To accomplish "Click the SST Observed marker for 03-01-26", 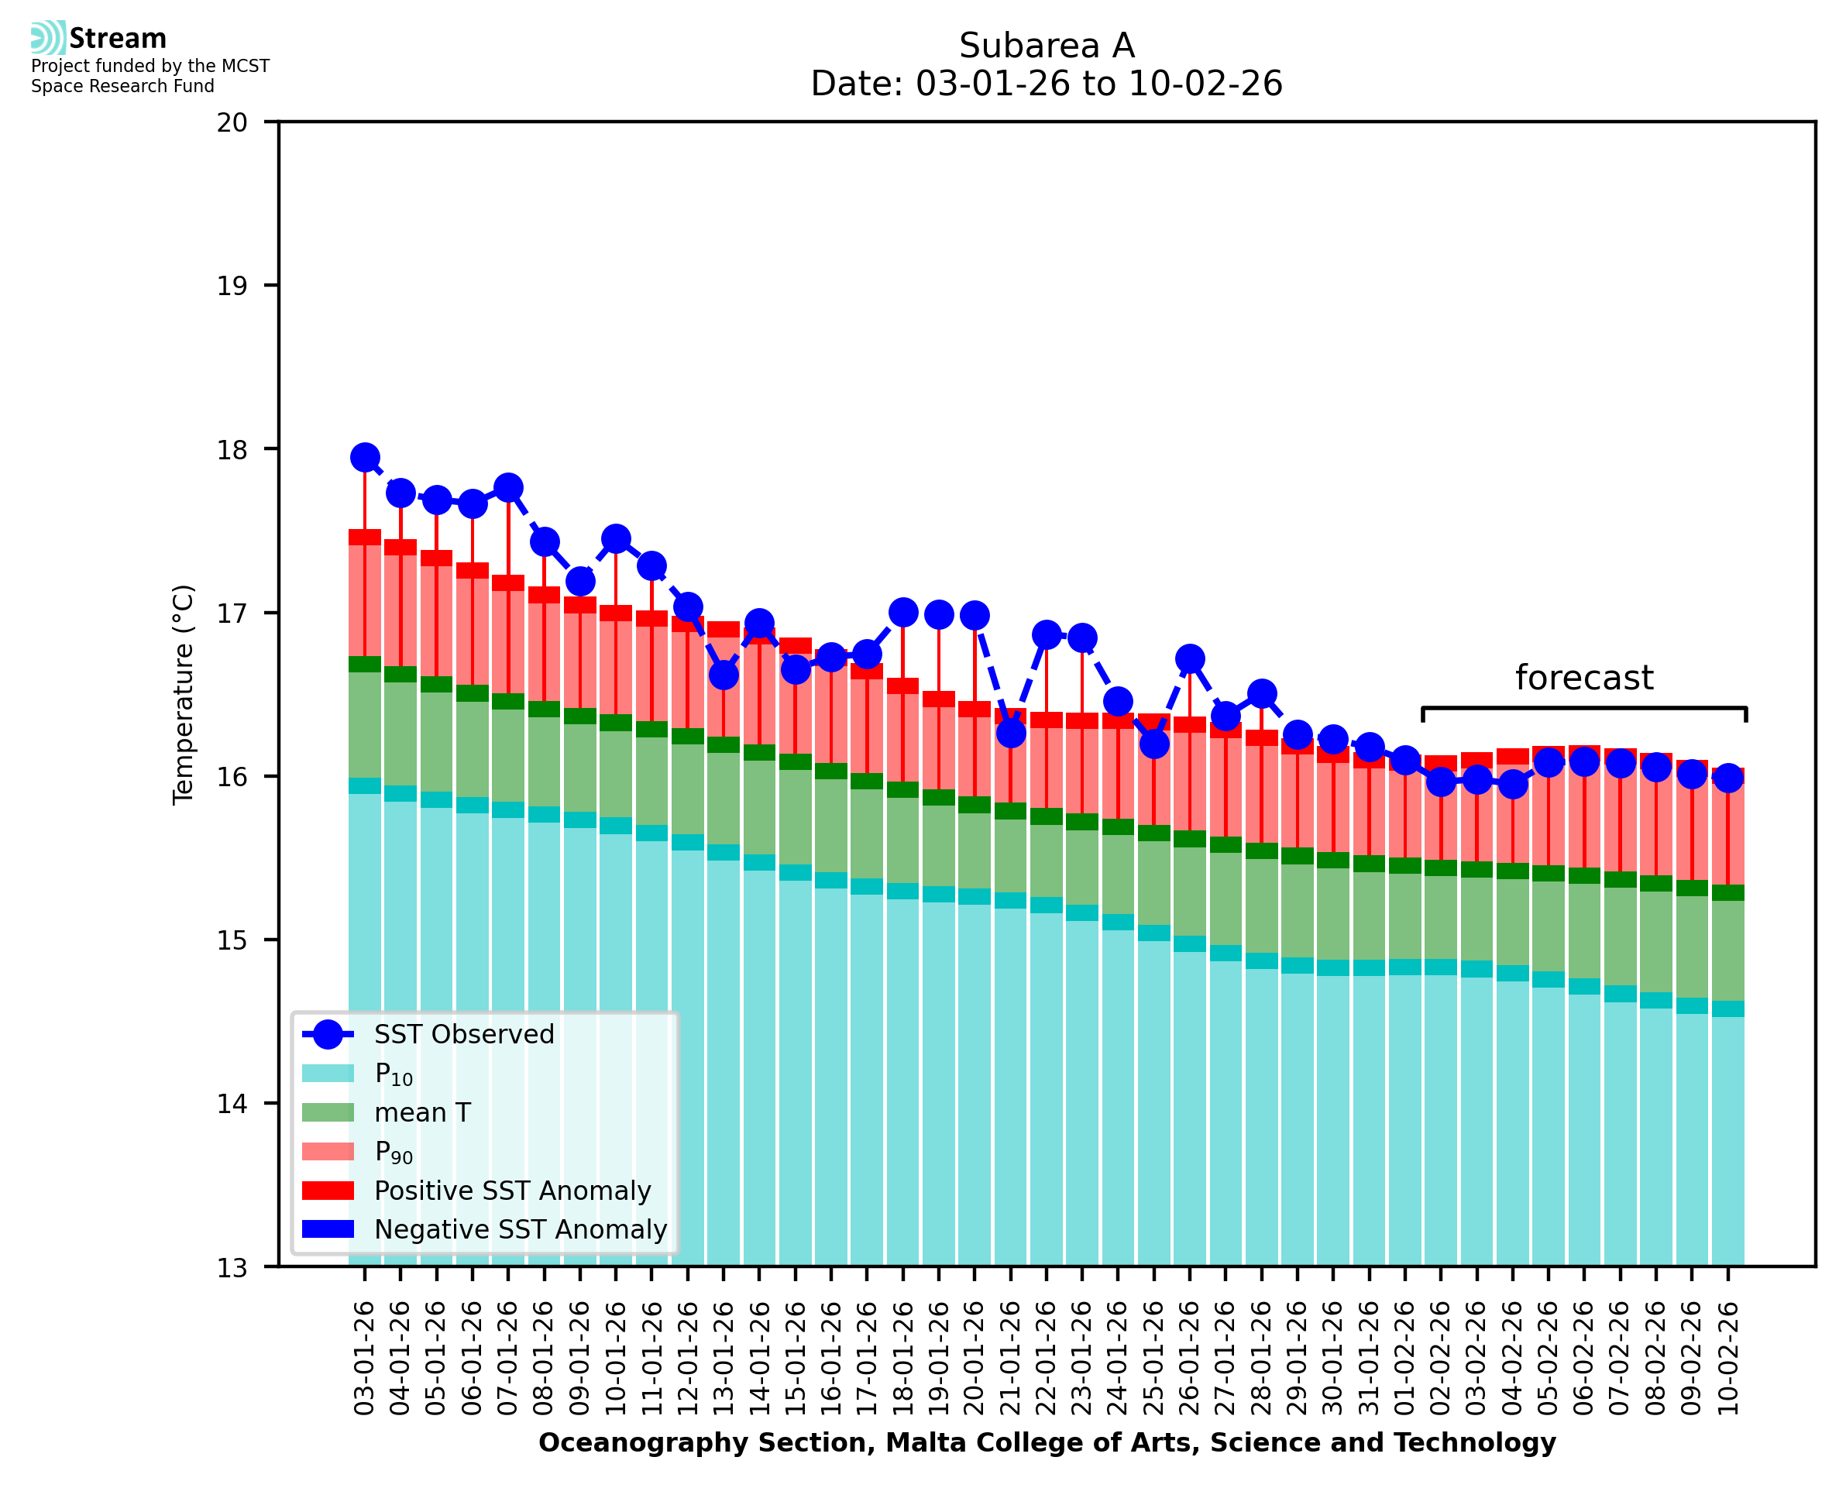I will click(x=365, y=458).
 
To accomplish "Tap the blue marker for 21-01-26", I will click(x=1010, y=733).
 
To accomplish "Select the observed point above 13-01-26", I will click(x=724, y=675).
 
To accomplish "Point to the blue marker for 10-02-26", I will click(x=1727, y=778).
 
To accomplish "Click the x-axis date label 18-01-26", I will click(x=903, y=1359).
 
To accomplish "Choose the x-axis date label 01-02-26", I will click(x=1405, y=1359).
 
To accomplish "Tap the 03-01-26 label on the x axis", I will click(x=365, y=1359).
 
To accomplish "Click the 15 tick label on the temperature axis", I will click(x=232, y=940).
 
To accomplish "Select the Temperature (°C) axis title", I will click(x=184, y=694).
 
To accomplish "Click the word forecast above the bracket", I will click(x=1583, y=678).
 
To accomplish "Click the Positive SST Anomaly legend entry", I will click(x=511, y=1191).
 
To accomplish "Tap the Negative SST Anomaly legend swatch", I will click(x=328, y=1229).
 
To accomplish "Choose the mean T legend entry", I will click(x=421, y=1112).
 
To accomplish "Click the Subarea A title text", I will click(x=1047, y=46).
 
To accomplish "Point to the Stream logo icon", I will click(x=48, y=38).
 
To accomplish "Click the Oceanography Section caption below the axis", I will click(x=1047, y=1442).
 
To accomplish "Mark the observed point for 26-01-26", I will click(x=1190, y=659).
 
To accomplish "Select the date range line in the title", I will click(x=1047, y=84).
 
